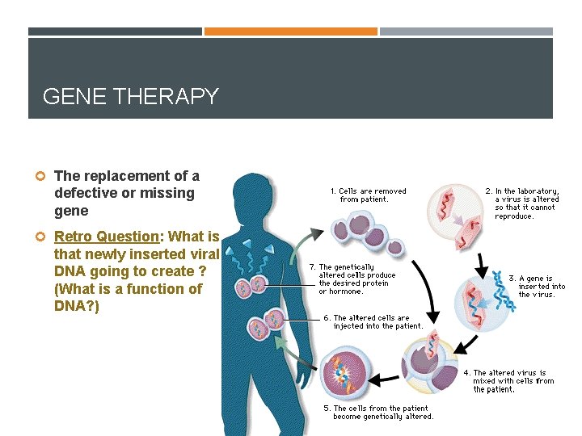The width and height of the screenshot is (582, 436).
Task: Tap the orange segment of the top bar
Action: pyautogui.click(x=290, y=31)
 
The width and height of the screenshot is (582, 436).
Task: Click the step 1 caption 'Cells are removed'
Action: pyautogui.click(x=368, y=195)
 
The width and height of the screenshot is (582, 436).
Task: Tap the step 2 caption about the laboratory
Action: pyautogui.click(x=521, y=203)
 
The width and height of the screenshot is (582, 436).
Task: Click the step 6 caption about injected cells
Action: pyautogui.click(x=373, y=321)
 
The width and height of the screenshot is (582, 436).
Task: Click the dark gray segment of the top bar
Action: pyautogui.click(x=115, y=31)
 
